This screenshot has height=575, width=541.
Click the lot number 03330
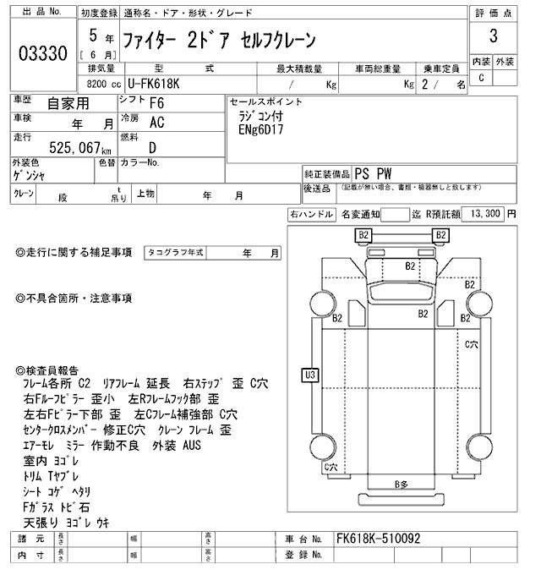(x=42, y=54)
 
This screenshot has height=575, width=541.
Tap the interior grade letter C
(x=481, y=78)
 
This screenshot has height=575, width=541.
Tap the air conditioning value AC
(x=157, y=123)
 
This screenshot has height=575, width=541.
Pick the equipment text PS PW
(x=373, y=172)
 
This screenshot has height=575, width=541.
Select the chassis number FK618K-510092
(x=378, y=539)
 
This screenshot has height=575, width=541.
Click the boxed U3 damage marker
(x=310, y=374)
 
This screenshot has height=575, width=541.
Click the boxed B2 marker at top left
(x=363, y=234)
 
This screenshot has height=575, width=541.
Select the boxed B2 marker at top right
(x=440, y=234)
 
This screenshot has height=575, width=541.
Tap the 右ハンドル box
(x=311, y=214)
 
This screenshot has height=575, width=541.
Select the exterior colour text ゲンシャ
(x=31, y=176)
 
